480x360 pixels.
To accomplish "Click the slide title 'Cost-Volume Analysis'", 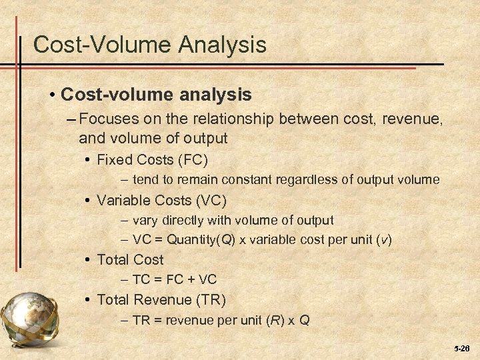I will [149, 45].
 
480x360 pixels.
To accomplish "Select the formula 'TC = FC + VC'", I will [175, 280].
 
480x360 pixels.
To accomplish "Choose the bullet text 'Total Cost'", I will [130, 260].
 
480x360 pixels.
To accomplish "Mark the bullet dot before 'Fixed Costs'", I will [89, 160].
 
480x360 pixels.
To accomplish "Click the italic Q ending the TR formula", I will [304, 320].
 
